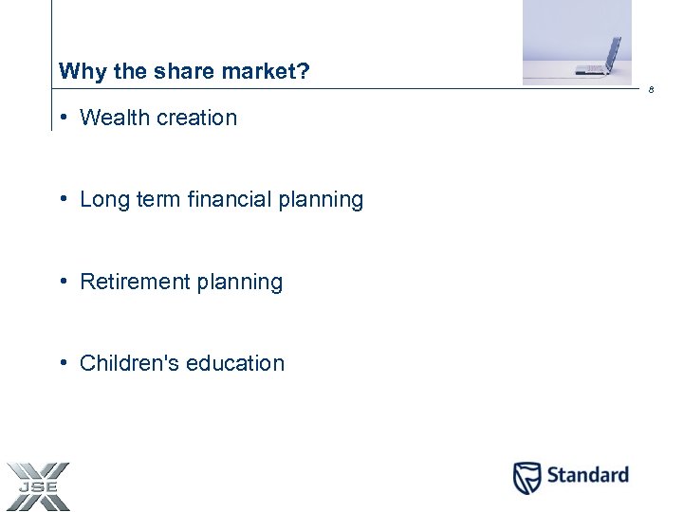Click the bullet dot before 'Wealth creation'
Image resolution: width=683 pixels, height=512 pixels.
coord(62,118)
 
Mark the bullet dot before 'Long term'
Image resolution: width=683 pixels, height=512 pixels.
coord(62,199)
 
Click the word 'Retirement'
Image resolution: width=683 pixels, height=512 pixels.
coord(134,282)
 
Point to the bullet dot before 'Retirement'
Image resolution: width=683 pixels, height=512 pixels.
coord(62,282)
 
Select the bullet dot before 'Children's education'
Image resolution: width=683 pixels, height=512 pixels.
coord(62,363)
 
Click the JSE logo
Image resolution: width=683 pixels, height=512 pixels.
coord(38,486)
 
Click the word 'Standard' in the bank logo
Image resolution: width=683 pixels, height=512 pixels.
coord(586,475)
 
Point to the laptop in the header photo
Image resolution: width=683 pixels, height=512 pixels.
coord(603,56)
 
